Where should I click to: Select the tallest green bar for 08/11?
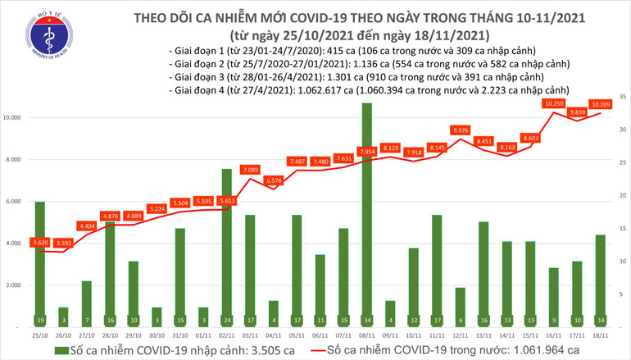[367, 213]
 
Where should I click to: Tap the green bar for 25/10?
[40, 262]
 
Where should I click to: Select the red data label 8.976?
[461, 130]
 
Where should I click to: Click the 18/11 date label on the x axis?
[600, 335]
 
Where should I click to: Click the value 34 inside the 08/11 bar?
[367, 320]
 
